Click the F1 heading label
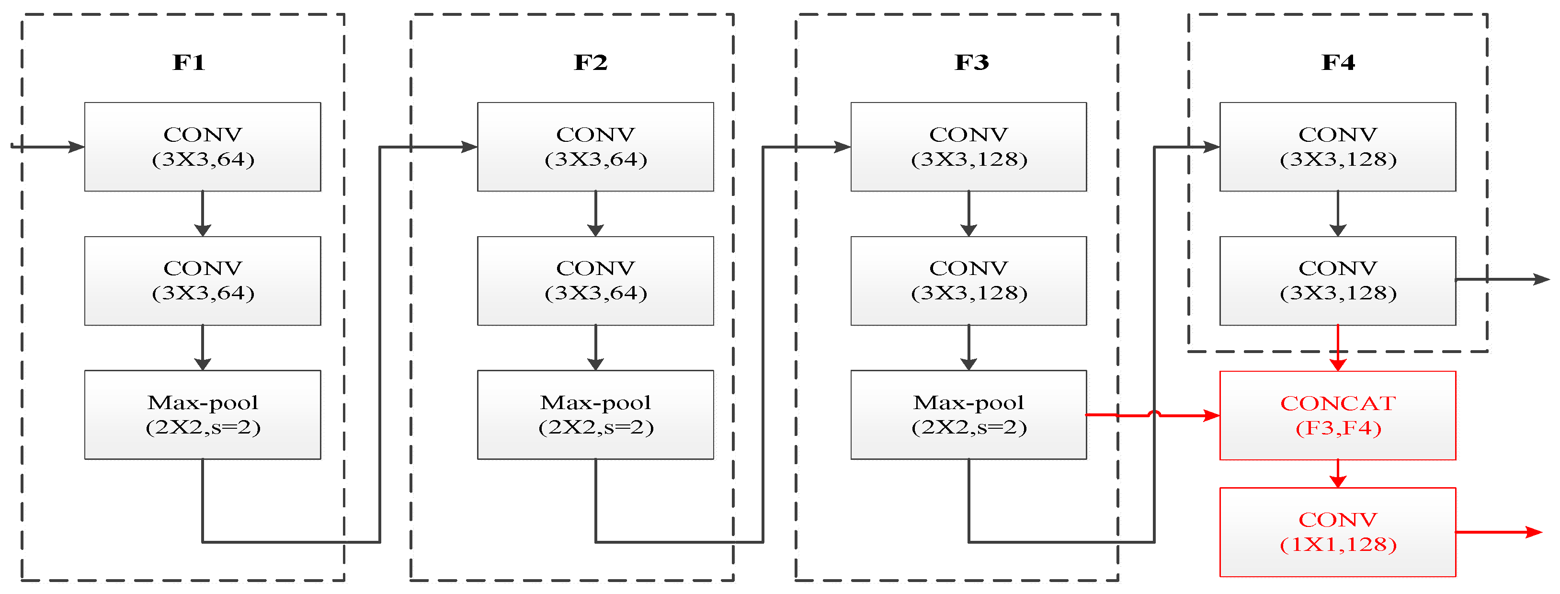188,62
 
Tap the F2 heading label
591,62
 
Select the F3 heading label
971,62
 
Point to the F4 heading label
1338,62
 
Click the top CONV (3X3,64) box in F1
202,147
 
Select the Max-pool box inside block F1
202,415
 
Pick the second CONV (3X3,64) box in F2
595,280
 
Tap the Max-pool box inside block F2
595,415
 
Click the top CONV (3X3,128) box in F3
968,147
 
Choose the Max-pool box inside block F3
968,415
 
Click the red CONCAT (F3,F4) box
1337,415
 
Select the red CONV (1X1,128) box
1337,532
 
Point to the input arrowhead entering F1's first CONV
76,147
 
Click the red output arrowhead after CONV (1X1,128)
1533,532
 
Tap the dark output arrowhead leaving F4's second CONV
1541,279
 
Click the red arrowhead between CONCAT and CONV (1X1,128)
1338,481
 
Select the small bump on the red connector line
1154,413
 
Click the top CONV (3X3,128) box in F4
1337,147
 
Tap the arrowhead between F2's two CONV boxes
595,230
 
